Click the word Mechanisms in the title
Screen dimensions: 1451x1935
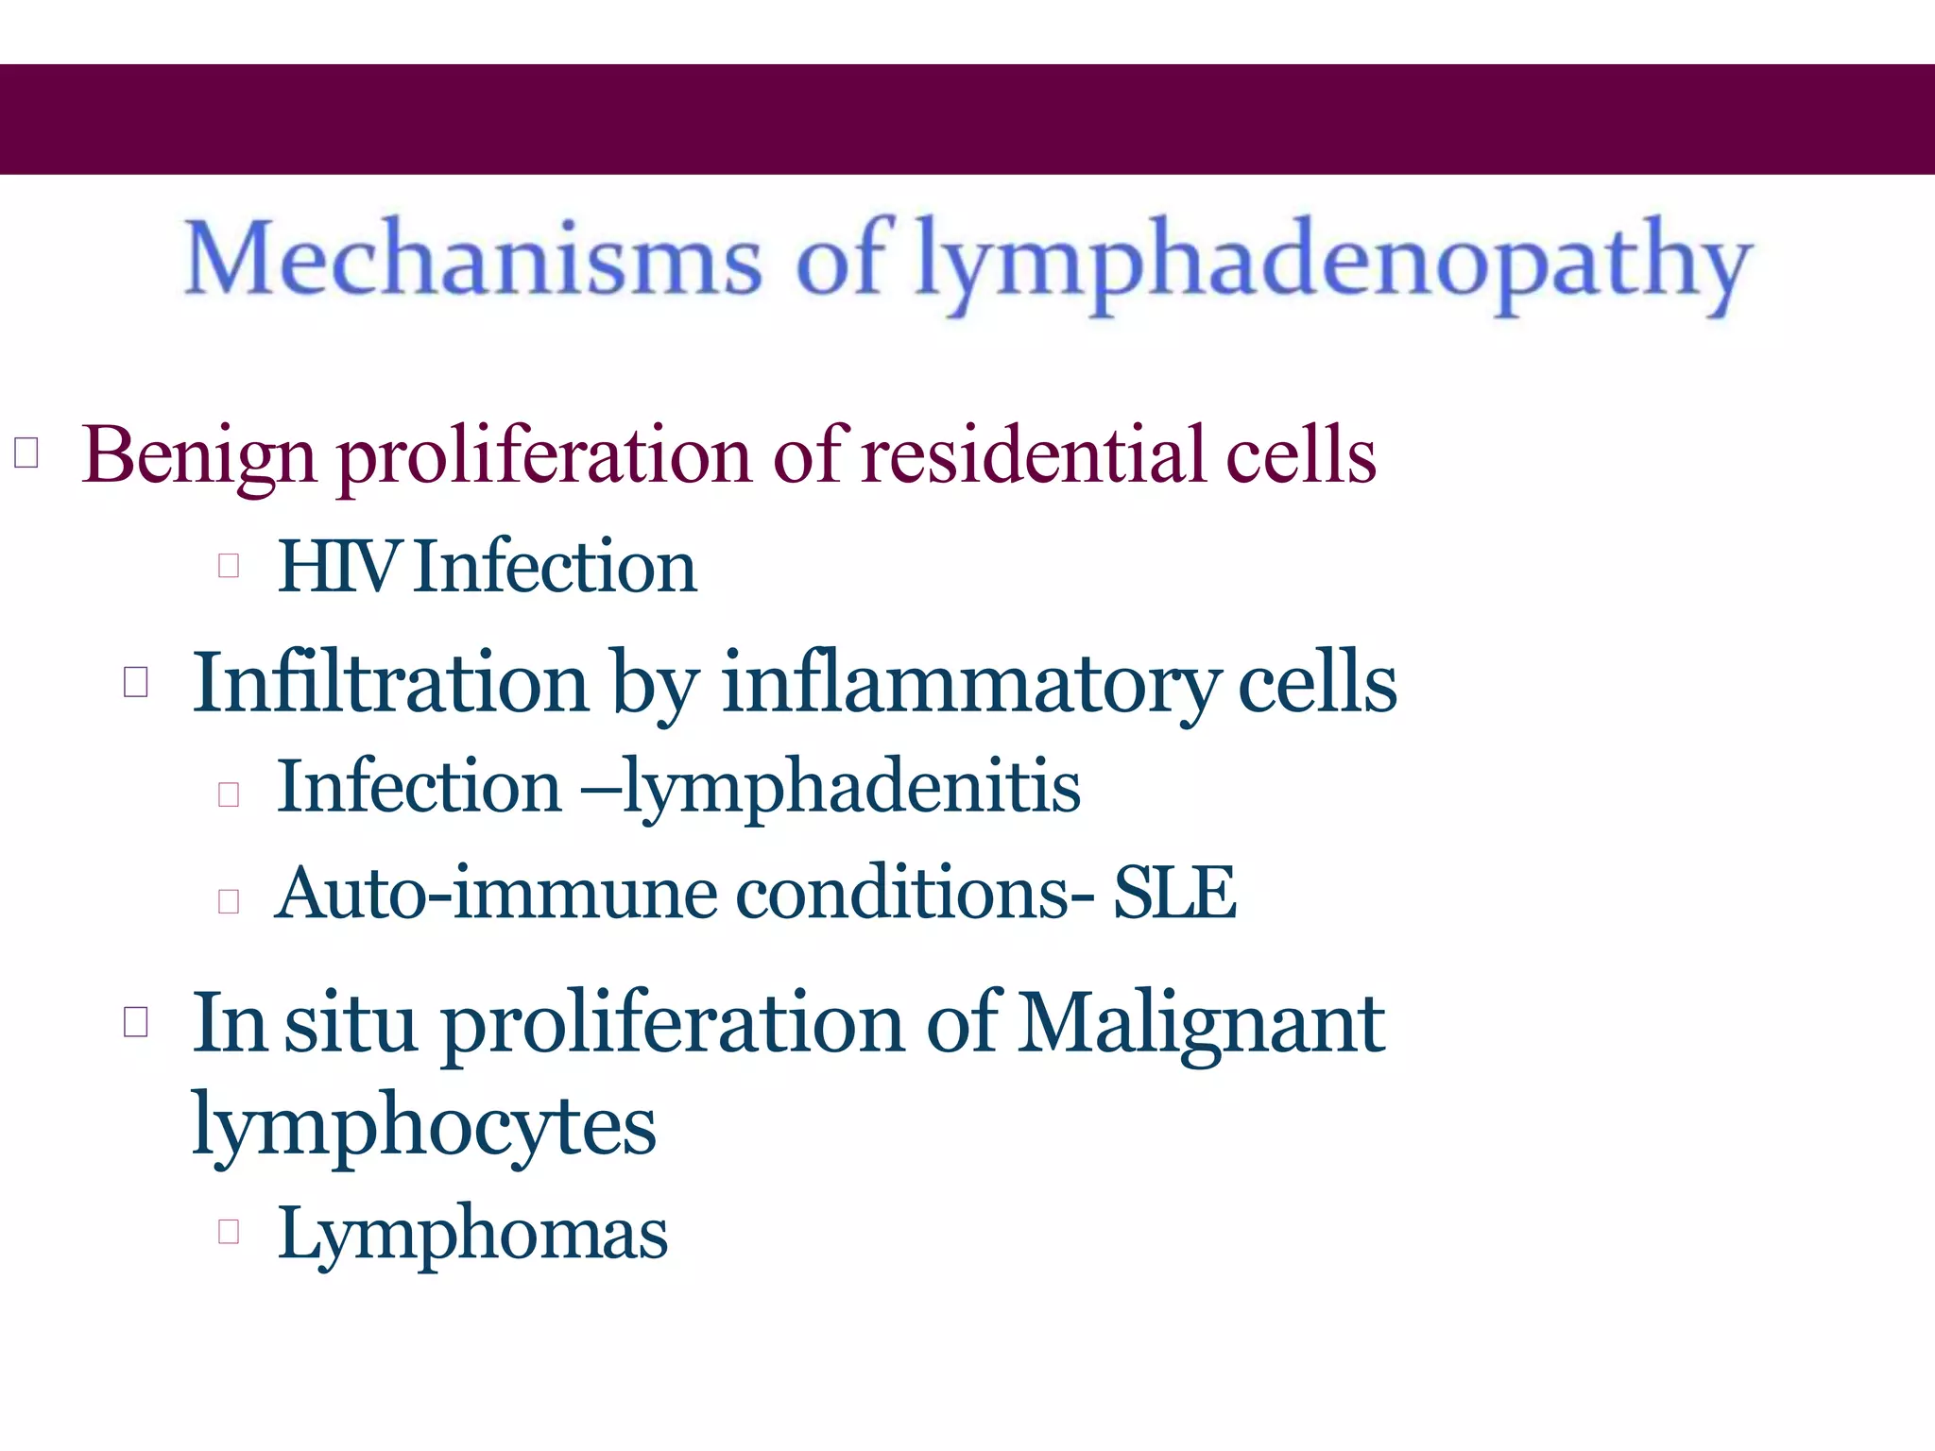(x=472, y=258)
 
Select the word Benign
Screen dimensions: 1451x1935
(x=198, y=456)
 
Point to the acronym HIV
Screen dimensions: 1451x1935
(x=337, y=567)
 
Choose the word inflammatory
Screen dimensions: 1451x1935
(x=969, y=684)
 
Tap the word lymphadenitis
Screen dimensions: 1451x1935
(x=851, y=788)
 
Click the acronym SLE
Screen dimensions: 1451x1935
(x=1174, y=894)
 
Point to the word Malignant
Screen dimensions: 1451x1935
(x=1202, y=1024)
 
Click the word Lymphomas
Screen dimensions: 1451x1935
(x=472, y=1234)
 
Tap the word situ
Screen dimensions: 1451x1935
(x=351, y=1024)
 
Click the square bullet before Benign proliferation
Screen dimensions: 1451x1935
(x=26, y=452)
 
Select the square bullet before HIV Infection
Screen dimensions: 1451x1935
(x=228, y=565)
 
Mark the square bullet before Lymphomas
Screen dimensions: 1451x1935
(x=228, y=1230)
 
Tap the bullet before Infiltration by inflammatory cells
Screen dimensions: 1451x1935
(x=136, y=681)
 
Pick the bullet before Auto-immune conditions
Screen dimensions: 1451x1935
(x=228, y=900)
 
